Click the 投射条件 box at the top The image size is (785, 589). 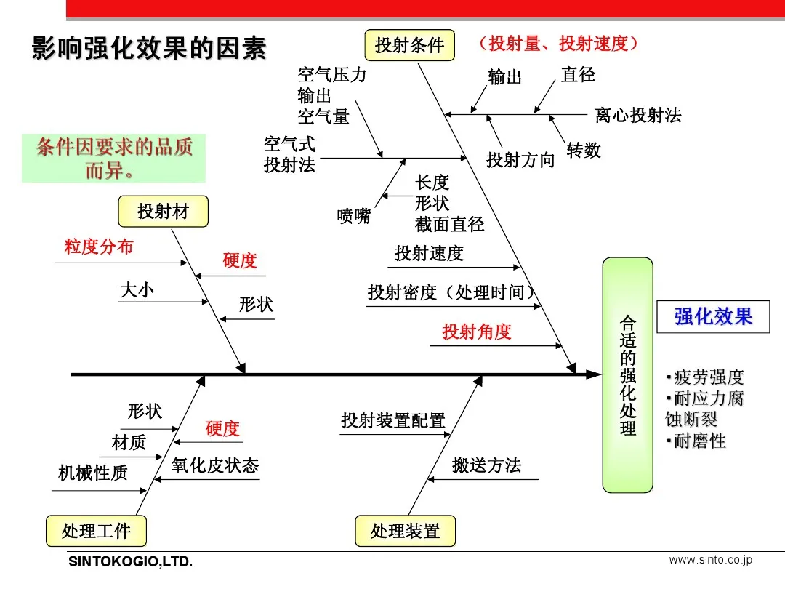(x=409, y=45)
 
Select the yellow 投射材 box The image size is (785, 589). (x=163, y=212)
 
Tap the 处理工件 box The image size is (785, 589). (x=96, y=531)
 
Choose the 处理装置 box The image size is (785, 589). (x=405, y=531)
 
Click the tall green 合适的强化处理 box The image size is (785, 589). (x=627, y=375)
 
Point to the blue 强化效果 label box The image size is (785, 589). (x=712, y=316)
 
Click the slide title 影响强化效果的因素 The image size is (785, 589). (x=150, y=48)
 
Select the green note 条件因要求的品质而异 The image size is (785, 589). (x=114, y=159)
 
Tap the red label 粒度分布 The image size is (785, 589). (x=99, y=247)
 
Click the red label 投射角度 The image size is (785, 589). (x=477, y=332)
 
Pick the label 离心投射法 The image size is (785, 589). (x=638, y=115)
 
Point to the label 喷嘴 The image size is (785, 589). (x=354, y=216)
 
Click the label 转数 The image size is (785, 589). (x=584, y=151)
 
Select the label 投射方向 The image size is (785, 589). (x=520, y=160)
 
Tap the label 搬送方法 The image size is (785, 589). (x=486, y=465)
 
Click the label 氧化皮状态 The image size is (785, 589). (x=215, y=465)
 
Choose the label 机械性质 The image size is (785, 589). (x=93, y=473)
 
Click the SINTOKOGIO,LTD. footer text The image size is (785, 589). (x=130, y=562)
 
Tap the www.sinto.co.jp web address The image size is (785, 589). (x=710, y=560)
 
